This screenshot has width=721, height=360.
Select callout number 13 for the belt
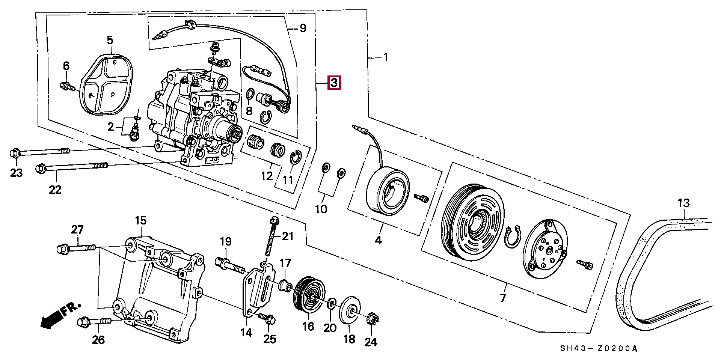683,203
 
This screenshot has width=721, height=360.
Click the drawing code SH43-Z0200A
599,349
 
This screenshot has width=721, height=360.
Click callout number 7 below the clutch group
502,298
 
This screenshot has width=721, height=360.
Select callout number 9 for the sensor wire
303,28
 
